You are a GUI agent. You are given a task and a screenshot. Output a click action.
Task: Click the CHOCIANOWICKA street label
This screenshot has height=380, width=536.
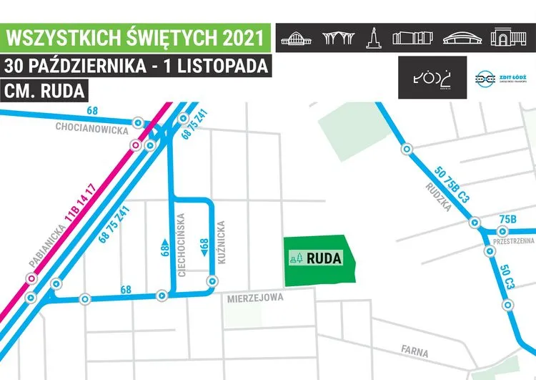pyautogui.click(x=91, y=130)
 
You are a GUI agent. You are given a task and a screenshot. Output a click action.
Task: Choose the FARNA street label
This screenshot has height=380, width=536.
pyautogui.click(x=415, y=352)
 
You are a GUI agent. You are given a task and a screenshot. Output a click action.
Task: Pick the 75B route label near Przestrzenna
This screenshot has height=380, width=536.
pyautogui.click(x=508, y=219)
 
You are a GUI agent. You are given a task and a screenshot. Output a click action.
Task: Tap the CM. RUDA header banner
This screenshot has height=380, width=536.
pyautogui.click(x=45, y=92)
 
